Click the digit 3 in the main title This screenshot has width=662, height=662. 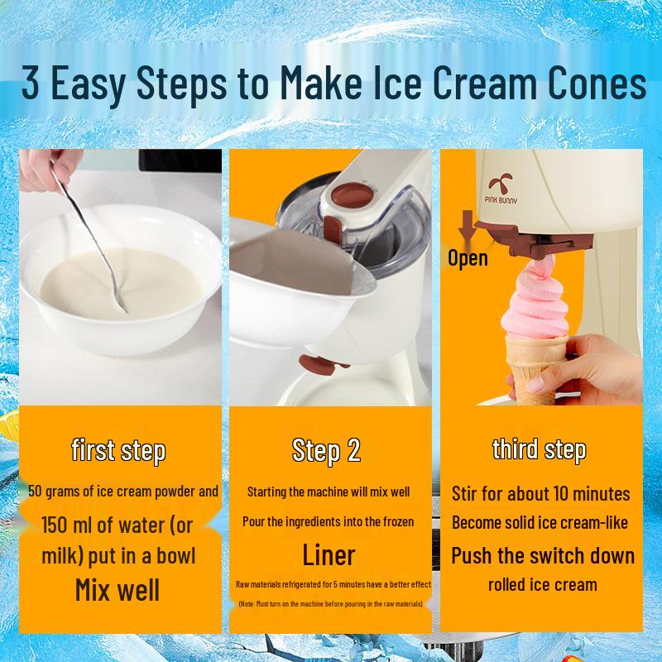coord(30,83)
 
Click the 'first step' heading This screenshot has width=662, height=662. coord(118,450)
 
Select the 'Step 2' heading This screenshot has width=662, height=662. coord(326,450)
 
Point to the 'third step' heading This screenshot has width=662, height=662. coord(540,449)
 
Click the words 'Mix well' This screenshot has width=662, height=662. coord(118,590)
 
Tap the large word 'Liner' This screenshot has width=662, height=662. coord(329,554)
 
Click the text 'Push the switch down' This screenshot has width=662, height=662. coord(543,555)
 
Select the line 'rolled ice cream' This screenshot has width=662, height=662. coord(543,585)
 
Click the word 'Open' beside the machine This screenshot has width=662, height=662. coord(468,257)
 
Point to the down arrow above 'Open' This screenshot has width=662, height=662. coord(468,227)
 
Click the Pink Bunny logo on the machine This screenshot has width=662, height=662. coord(501,189)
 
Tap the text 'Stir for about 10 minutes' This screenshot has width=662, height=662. coord(541,494)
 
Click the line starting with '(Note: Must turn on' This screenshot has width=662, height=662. coord(330,604)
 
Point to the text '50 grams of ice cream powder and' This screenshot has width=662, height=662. coord(123,491)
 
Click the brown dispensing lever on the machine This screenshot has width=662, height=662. coord(533,239)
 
